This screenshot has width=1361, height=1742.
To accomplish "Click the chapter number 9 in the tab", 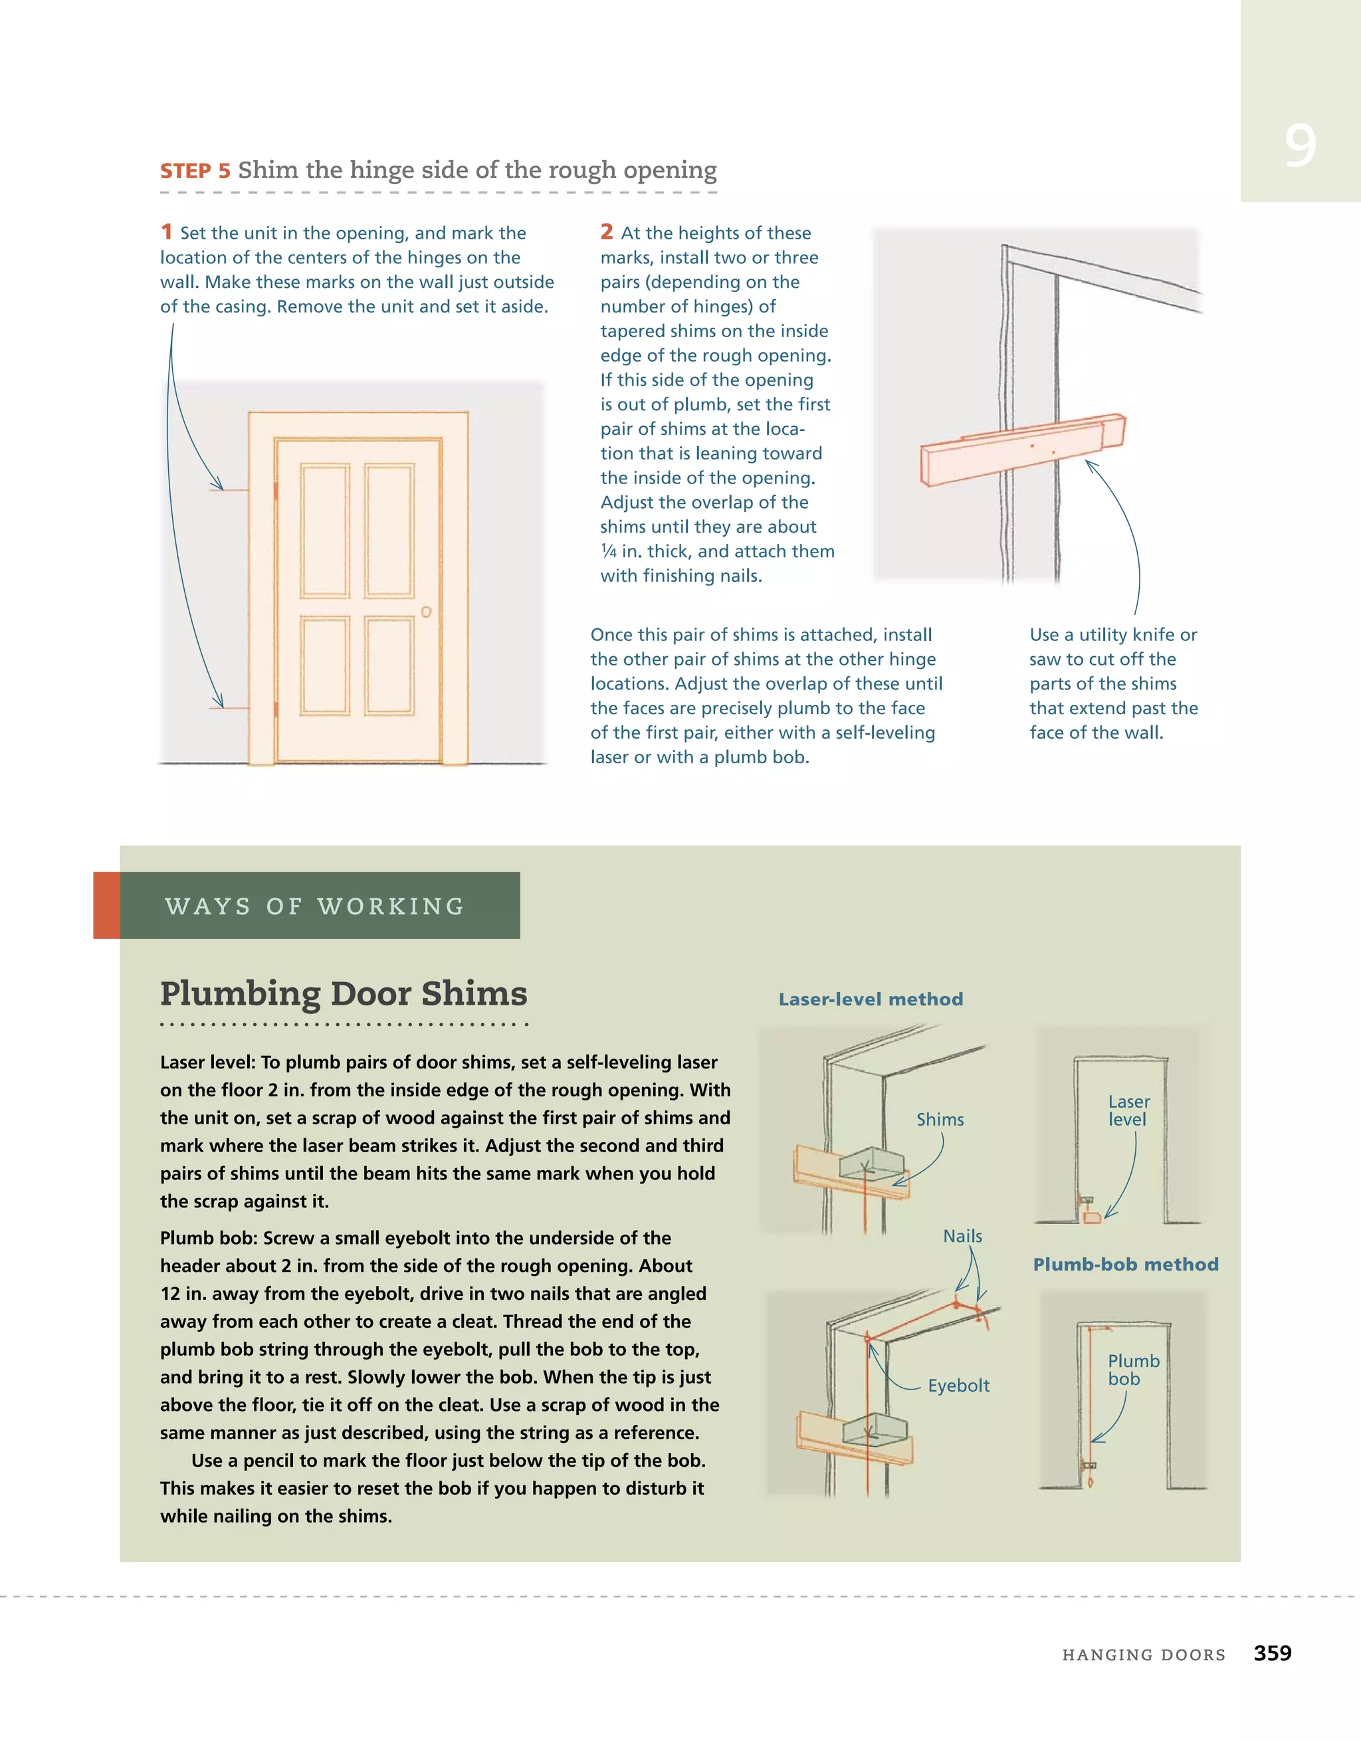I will coord(1300,146).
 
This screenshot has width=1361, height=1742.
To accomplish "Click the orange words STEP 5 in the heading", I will coord(195,172).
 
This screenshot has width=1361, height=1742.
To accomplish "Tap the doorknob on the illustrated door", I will coord(427,612).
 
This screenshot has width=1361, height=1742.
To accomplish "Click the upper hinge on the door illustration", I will coord(276,491).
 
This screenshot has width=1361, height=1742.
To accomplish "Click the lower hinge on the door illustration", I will coord(276,708).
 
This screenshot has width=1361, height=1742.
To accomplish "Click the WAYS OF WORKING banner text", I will coord(315,906).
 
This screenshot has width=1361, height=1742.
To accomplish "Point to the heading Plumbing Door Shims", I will coord(344,994).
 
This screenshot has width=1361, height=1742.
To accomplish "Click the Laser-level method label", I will coord(871,999).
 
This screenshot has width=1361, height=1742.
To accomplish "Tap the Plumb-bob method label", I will coord(1125,1264).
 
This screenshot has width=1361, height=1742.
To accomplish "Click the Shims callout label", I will coord(940,1120).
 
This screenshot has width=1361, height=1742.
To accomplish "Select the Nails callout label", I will coord(962,1236).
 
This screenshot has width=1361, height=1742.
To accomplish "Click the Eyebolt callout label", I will coord(958,1386).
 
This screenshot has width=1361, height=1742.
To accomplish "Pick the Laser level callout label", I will coord(1128,1110).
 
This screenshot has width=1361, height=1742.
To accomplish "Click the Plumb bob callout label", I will coord(1133,1370).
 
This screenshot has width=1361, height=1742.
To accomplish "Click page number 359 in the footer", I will coord(1273,1653).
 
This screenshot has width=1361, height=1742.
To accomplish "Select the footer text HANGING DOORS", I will coord(1143,1655).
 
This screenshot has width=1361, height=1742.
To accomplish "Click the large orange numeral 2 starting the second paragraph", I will coord(607,231).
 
